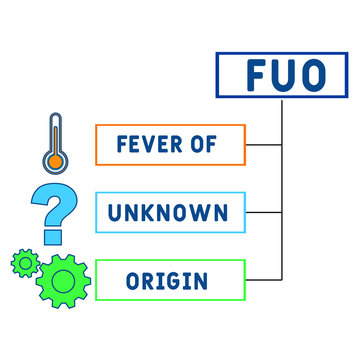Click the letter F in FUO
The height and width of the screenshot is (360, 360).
pos(252,76)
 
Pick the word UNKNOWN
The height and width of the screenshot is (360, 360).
pos(170,212)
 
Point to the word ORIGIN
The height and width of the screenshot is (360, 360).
pos(169,279)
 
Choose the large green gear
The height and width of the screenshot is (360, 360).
pos(63,279)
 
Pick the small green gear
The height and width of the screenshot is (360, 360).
pos(24,263)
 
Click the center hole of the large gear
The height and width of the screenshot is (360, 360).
pos(63,279)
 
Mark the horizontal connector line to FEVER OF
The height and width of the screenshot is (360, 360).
pos(264,145)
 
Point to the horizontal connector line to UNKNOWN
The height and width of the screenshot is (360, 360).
pos(264,212)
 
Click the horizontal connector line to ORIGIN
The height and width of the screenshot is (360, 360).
pos(264,279)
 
